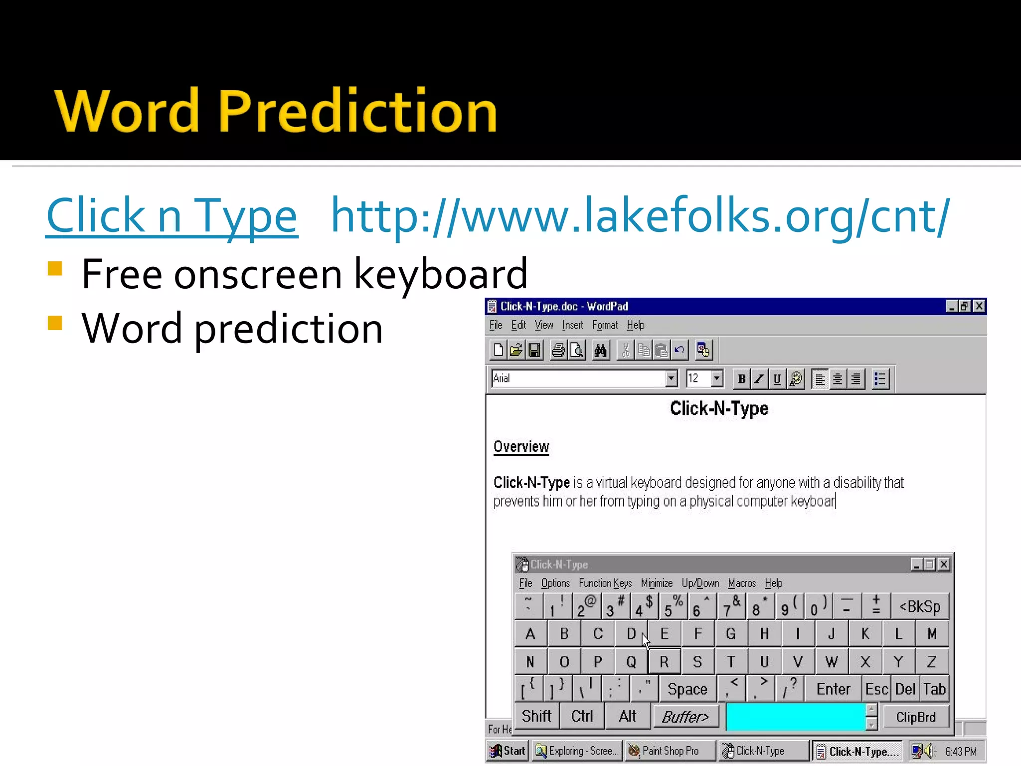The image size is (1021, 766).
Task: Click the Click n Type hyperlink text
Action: [172, 216]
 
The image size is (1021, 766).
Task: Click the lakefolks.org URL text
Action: [640, 216]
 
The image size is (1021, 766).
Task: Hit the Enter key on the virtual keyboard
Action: [833, 689]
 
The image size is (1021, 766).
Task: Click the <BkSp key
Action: [920, 607]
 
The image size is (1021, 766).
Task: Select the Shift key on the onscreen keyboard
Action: [536, 717]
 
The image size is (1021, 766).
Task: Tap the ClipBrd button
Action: [916, 717]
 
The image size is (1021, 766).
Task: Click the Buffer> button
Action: [685, 717]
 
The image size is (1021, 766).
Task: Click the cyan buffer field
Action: [796, 717]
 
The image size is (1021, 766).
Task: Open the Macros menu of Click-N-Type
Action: [741, 583]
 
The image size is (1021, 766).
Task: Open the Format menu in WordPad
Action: [605, 326]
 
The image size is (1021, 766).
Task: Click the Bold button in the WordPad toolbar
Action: [741, 379]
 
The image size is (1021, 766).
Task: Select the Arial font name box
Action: [578, 379]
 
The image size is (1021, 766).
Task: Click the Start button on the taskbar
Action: [508, 751]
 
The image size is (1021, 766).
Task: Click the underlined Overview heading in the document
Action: [521, 446]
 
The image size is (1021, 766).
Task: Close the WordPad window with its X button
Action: [979, 306]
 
